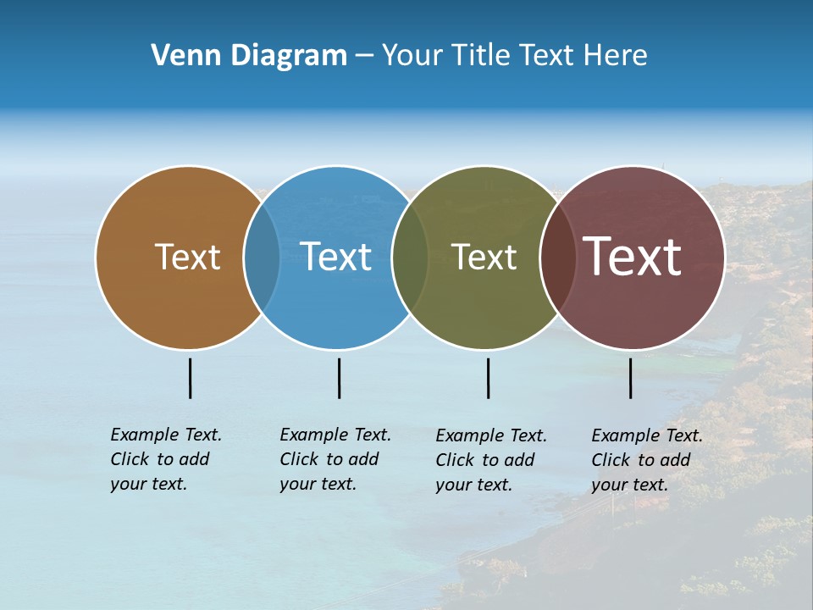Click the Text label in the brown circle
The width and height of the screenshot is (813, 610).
tap(187, 257)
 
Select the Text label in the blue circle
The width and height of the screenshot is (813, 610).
tap(336, 257)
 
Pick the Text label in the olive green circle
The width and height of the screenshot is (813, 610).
tap(484, 257)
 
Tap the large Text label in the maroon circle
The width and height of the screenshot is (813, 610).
tap(633, 257)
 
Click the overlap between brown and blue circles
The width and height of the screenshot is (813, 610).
tap(262, 257)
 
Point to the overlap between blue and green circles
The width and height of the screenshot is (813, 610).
tap(410, 257)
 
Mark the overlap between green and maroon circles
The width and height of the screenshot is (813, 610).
tap(558, 257)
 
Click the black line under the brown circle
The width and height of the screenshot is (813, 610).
tap(190, 378)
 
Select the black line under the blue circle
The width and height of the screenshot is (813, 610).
tap(339, 378)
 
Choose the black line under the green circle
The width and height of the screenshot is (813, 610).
tap(488, 378)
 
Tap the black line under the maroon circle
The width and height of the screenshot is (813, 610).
tap(630, 378)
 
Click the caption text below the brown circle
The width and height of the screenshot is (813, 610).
tap(166, 459)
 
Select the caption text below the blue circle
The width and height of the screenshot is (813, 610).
tap(335, 459)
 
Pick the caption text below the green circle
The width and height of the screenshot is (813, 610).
tap(491, 460)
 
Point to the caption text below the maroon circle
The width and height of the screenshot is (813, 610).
tap(647, 460)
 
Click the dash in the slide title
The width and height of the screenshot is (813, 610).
tap(363, 56)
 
